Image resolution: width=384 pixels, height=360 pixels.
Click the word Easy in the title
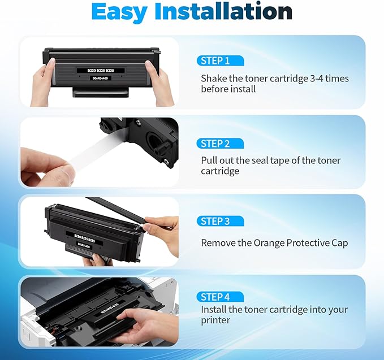(x=122, y=12)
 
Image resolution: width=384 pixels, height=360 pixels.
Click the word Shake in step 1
(x=213, y=79)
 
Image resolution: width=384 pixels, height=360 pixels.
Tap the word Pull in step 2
(x=210, y=161)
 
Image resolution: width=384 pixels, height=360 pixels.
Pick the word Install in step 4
(x=214, y=310)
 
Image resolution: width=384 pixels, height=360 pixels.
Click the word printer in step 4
(x=215, y=320)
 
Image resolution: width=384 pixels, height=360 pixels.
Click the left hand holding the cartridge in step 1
(x=43, y=85)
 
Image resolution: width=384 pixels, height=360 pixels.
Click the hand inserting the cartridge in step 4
(x=141, y=322)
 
